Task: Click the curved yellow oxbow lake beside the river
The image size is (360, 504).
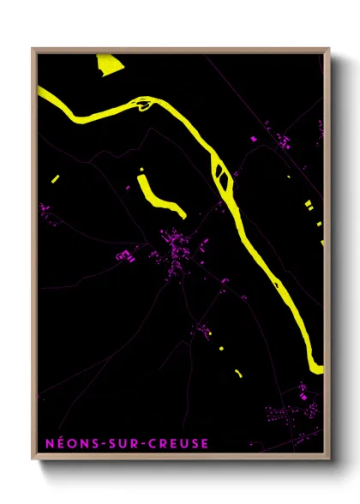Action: (158, 196)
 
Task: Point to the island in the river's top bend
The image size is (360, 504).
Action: (143, 105)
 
